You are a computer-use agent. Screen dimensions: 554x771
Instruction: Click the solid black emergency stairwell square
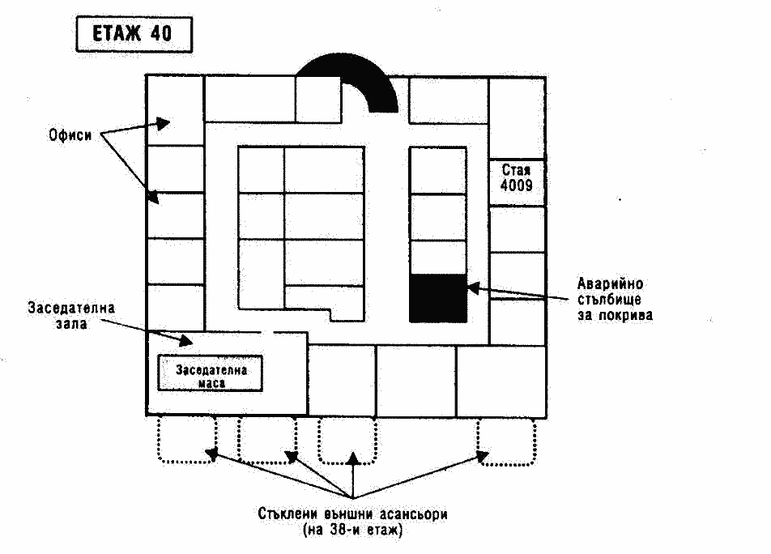(x=437, y=298)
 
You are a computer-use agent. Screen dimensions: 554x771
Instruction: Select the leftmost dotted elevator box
(x=186, y=440)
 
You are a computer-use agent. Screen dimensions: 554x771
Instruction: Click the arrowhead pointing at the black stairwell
(x=473, y=287)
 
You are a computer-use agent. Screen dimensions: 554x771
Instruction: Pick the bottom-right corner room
(x=500, y=381)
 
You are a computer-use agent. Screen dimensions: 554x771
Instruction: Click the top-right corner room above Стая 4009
(x=517, y=117)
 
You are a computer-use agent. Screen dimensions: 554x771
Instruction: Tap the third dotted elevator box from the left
(x=347, y=440)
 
